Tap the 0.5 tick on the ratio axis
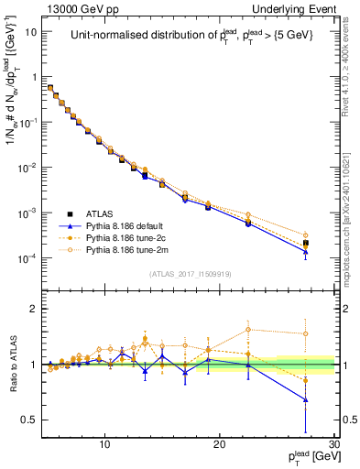(x=32, y=420)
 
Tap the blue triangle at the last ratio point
(x=306, y=400)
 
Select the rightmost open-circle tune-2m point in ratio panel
(x=306, y=334)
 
